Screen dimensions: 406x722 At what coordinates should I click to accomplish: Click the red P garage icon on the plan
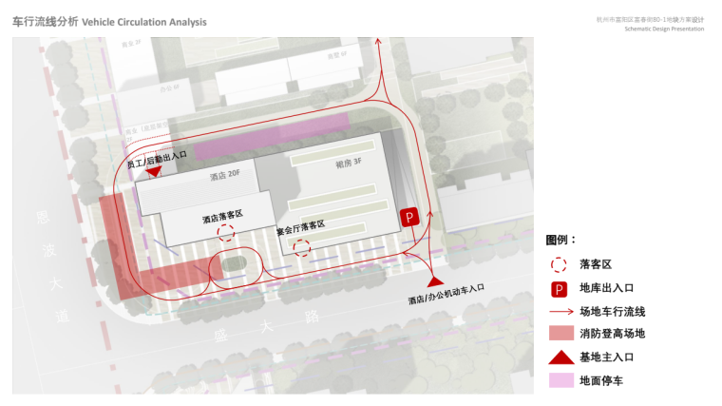[x=409, y=218]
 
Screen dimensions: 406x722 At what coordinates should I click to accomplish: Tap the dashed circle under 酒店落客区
[x=226, y=234]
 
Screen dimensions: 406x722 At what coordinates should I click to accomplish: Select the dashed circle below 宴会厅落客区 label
[x=301, y=248]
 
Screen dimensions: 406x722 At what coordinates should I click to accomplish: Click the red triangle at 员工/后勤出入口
[x=154, y=172]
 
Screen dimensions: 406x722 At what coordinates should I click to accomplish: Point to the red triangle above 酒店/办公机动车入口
[x=435, y=280]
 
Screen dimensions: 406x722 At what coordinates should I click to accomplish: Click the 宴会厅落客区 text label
[x=300, y=227]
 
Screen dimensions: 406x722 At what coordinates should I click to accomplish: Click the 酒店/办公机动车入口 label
[x=446, y=294]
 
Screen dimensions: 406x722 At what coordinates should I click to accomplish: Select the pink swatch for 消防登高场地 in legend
[x=560, y=334]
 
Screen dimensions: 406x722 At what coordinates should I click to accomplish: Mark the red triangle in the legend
[x=560, y=357]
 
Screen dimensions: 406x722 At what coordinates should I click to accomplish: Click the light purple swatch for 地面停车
[x=560, y=380]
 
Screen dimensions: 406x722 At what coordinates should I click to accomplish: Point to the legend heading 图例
[x=560, y=241]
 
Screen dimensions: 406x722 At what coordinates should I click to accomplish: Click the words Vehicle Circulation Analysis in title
[x=144, y=21]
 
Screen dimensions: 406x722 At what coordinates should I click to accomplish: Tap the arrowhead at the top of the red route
[x=378, y=41]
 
